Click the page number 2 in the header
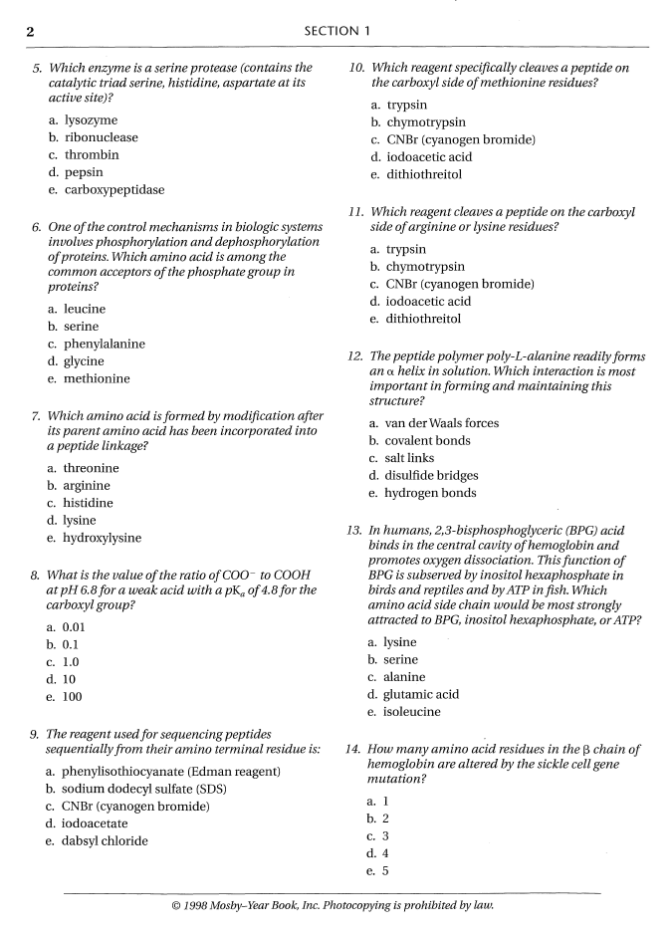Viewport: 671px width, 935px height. [31, 31]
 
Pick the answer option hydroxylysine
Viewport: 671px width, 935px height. [102, 538]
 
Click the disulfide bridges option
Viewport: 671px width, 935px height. [431, 475]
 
